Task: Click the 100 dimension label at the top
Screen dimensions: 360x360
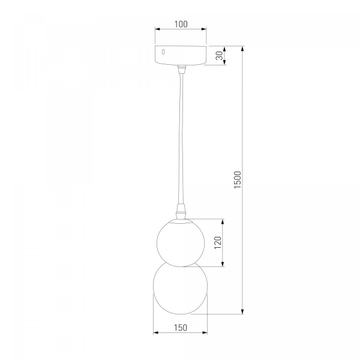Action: coord(181,24)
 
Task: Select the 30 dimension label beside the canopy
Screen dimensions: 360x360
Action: coord(220,56)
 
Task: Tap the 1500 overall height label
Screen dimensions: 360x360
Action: coord(238,180)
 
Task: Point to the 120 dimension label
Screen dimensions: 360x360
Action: coord(217,242)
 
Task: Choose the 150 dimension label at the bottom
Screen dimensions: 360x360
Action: coord(181,328)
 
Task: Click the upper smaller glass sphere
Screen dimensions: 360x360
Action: coord(181,242)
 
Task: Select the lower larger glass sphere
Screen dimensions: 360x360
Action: coord(180,288)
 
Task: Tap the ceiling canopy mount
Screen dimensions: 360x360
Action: coord(181,55)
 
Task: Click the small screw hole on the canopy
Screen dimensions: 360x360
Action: coord(163,52)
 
